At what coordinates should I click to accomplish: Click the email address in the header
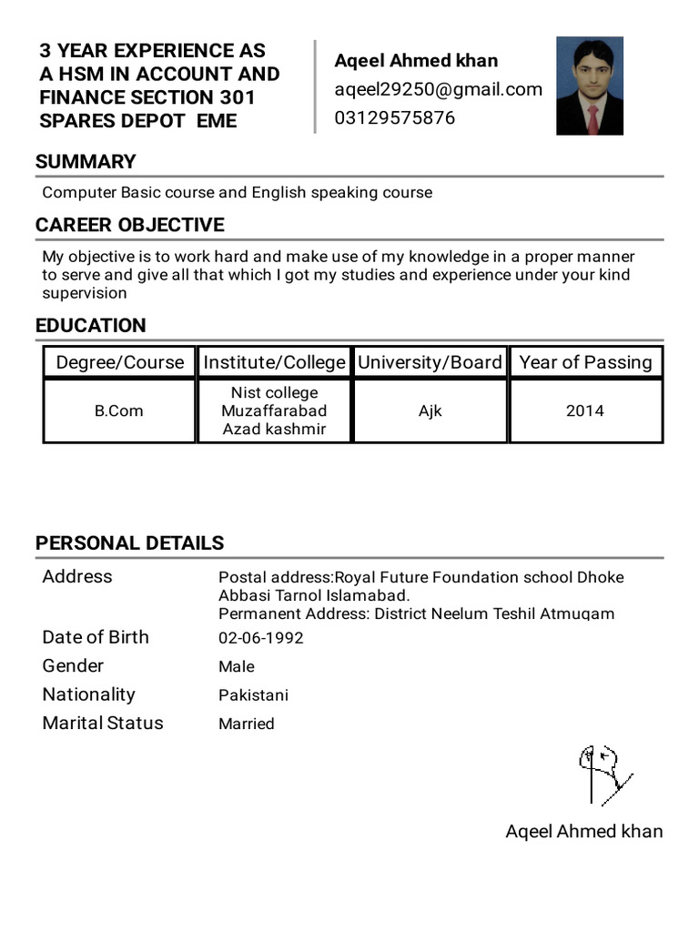pos(438,89)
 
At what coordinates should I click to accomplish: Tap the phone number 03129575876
pos(395,118)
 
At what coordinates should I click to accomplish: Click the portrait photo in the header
pos(590,86)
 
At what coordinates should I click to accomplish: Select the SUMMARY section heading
pos(86,162)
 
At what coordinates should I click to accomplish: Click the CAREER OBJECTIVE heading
pos(129,225)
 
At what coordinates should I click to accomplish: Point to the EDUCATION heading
pos(90,326)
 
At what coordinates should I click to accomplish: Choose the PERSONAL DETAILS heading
pos(129,543)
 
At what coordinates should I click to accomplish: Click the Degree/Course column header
pos(120,362)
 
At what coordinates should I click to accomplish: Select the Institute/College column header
pos(274,362)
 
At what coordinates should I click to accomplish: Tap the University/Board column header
pos(430,362)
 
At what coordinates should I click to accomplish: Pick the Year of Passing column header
pos(585,362)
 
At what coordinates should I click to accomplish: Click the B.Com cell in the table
pos(119,411)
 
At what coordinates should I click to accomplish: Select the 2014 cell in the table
pos(585,411)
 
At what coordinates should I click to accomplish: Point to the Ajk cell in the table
pos(430,411)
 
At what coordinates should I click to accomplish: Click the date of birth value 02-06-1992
pos(260,638)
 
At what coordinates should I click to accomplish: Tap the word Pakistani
pos(253,695)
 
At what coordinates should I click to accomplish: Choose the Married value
pos(246,724)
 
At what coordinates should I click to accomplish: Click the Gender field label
pos(73,666)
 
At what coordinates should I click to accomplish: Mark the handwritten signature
pos(603,774)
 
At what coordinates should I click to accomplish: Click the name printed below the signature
pos(584,831)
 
